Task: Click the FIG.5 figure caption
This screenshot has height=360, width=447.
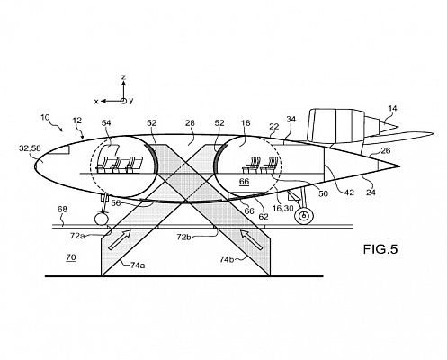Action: (380, 249)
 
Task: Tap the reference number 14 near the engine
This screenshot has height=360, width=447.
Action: (392, 108)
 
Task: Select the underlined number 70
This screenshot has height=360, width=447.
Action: (71, 257)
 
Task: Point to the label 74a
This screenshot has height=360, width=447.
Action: (138, 265)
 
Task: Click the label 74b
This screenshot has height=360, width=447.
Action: (227, 259)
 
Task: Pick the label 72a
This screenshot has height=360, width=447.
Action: (77, 236)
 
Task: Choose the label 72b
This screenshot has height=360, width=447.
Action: (184, 237)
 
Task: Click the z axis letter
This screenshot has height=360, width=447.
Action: (123, 77)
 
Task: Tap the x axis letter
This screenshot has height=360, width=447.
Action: (96, 102)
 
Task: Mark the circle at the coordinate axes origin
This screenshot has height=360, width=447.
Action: (123, 101)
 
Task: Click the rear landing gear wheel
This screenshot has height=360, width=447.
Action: (304, 216)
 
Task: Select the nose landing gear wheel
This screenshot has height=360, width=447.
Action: (101, 219)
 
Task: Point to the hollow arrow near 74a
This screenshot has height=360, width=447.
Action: (120, 239)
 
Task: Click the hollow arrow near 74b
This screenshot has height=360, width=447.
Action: (252, 239)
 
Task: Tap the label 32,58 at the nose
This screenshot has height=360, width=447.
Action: (30, 148)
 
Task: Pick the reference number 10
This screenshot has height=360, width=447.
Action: (45, 117)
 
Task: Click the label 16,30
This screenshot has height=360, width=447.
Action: (282, 208)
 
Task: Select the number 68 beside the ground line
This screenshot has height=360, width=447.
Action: (62, 209)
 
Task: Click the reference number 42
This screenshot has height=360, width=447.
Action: (349, 193)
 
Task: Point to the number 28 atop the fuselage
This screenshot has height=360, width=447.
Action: (190, 123)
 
